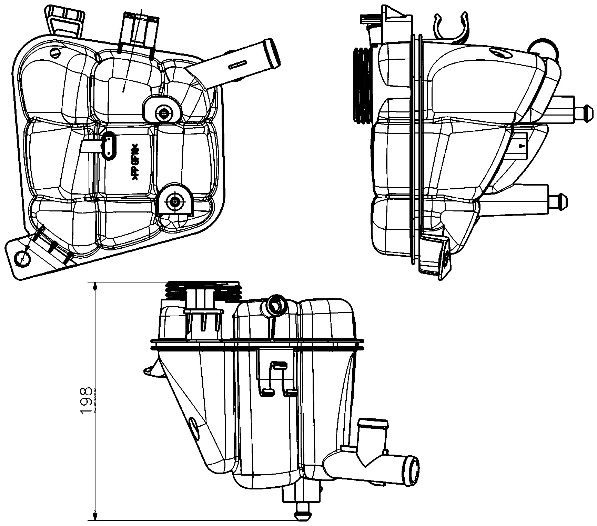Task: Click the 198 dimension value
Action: [85, 400]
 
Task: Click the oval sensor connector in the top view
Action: [110, 146]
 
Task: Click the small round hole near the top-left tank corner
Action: [55, 52]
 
